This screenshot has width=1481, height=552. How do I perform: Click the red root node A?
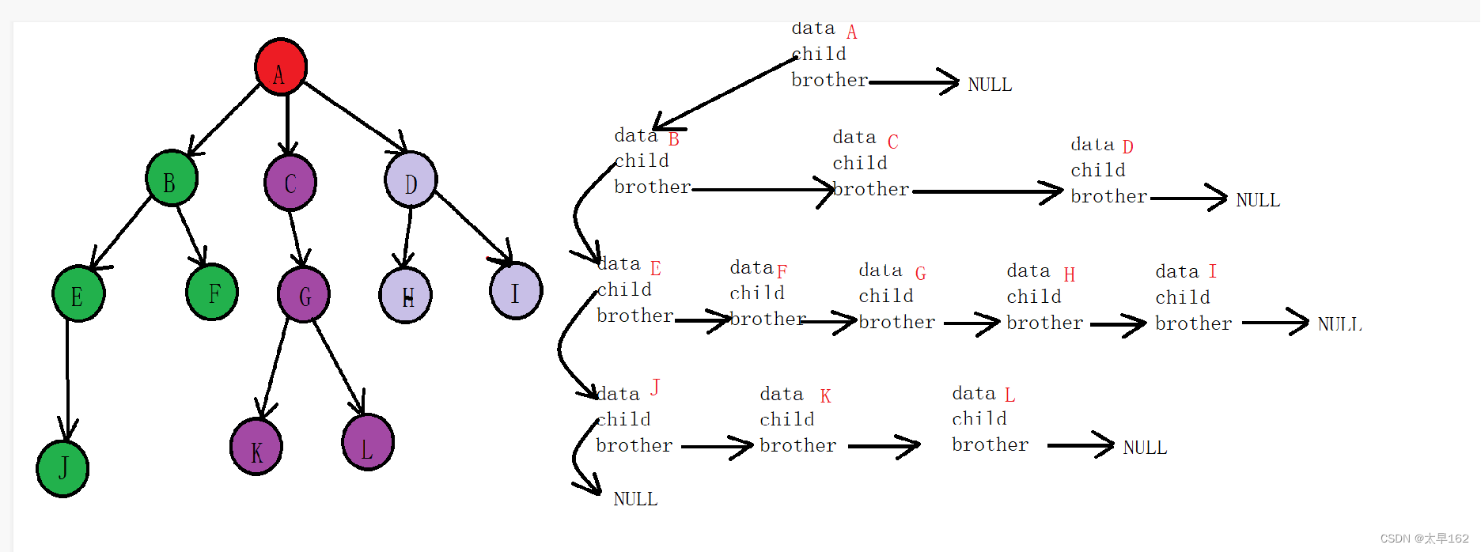coord(281,66)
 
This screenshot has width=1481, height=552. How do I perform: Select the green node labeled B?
coord(172,178)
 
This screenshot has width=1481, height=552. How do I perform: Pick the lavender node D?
coord(411,180)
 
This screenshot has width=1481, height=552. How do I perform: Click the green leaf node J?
coord(62,468)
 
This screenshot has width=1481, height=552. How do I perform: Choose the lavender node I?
coord(516,291)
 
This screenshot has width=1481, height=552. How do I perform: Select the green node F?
coord(212,292)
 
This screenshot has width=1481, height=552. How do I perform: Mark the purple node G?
coord(304,294)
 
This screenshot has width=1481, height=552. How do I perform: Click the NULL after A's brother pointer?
coord(990,85)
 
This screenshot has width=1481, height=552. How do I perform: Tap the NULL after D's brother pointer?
coord(1258,200)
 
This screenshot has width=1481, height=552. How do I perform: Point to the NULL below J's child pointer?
coord(635,499)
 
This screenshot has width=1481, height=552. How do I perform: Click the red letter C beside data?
coord(893,142)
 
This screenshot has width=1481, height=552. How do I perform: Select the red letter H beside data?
coord(1069,275)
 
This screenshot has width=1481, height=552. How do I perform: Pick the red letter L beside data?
coord(1009,395)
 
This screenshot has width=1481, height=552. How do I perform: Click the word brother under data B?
coord(653,187)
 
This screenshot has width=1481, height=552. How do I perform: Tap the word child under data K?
coord(786,419)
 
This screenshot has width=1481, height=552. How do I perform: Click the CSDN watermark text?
coord(1424,539)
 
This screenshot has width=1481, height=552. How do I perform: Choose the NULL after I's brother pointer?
coord(1339,324)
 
